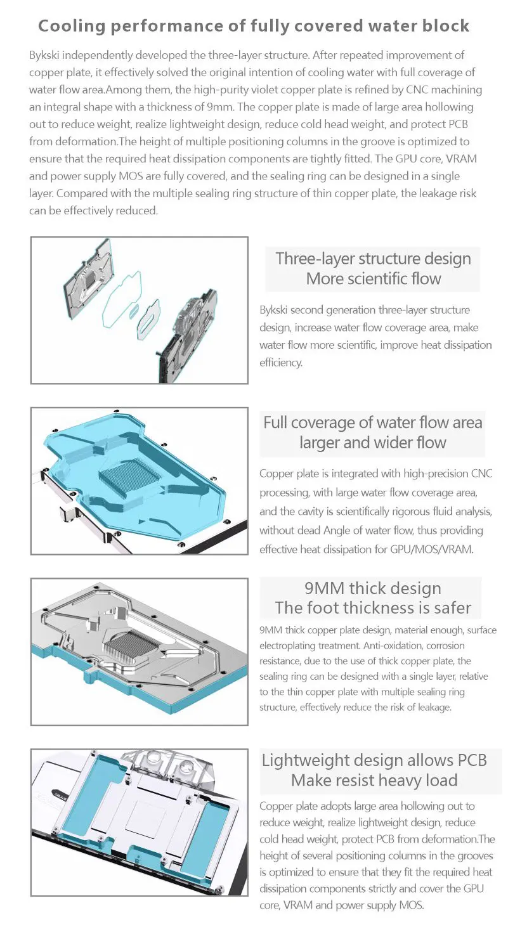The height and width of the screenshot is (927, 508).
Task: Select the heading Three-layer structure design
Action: tap(373, 259)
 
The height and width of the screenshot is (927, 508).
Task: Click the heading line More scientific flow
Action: tap(373, 278)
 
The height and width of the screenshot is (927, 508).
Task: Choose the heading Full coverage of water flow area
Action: tap(372, 422)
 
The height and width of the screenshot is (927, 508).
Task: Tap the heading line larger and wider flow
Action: tap(372, 443)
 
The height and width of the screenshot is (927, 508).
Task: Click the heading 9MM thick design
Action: tap(372, 588)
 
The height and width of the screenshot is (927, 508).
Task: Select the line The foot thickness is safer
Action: tap(372, 608)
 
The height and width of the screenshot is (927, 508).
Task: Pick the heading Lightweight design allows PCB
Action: tap(374, 760)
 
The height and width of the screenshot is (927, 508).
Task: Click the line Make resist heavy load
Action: tap(374, 780)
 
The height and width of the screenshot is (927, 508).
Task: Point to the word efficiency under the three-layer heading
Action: tap(281, 362)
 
